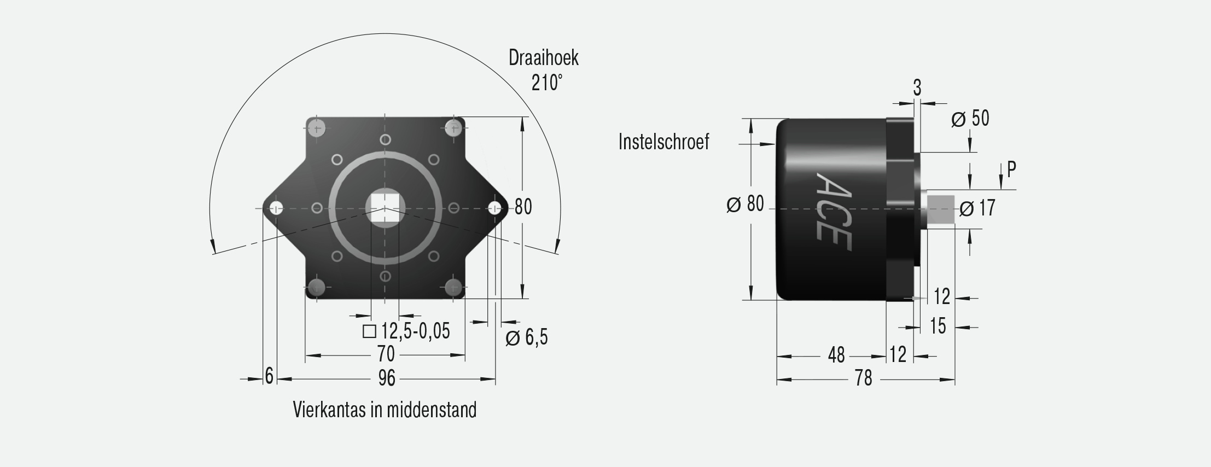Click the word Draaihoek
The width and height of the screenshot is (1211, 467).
543,57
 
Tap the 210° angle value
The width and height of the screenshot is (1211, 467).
546,83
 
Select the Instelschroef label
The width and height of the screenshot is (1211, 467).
663,142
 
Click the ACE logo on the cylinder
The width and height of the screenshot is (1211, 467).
834,212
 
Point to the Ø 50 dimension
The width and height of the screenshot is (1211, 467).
970,118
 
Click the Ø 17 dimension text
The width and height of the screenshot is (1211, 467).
977,208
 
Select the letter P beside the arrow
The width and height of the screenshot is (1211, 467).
1011,170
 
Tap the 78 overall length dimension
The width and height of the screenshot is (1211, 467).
864,378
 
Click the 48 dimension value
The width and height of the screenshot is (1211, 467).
836,355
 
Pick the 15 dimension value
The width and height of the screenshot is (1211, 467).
938,326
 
